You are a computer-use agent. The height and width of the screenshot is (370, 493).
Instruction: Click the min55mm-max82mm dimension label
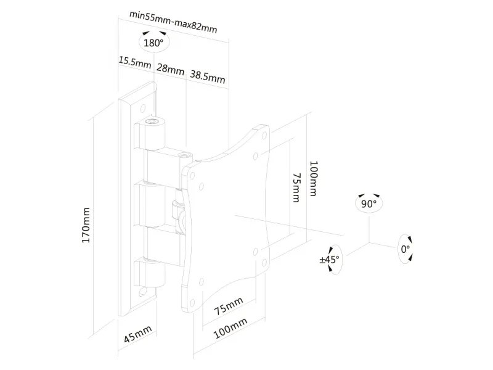[x=173, y=22]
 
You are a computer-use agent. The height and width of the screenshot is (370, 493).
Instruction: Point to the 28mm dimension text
[x=171, y=69]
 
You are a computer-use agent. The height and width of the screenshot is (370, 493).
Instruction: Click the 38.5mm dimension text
[x=208, y=76]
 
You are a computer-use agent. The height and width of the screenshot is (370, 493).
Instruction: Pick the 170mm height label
[x=86, y=225]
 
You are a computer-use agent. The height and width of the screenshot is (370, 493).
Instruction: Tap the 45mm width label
[x=137, y=334]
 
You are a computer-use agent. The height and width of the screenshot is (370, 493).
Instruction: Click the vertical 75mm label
[x=296, y=187]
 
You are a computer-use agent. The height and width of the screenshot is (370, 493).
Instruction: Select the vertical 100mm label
[x=314, y=179]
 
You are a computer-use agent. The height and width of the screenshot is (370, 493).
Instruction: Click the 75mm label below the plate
[x=229, y=306]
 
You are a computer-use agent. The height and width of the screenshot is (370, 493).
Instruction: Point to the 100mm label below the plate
[x=230, y=328]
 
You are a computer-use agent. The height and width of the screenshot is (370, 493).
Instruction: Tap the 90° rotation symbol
[x=369, y=203]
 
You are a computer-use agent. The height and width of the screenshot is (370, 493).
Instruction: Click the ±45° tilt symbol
[x=330, y=260]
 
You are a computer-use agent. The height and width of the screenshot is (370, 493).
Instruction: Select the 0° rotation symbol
[x=405, y=249]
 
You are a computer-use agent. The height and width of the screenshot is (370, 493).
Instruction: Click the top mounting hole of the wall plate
[x=143, y=109]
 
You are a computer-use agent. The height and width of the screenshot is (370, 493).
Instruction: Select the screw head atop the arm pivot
[x=186, y=155]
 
